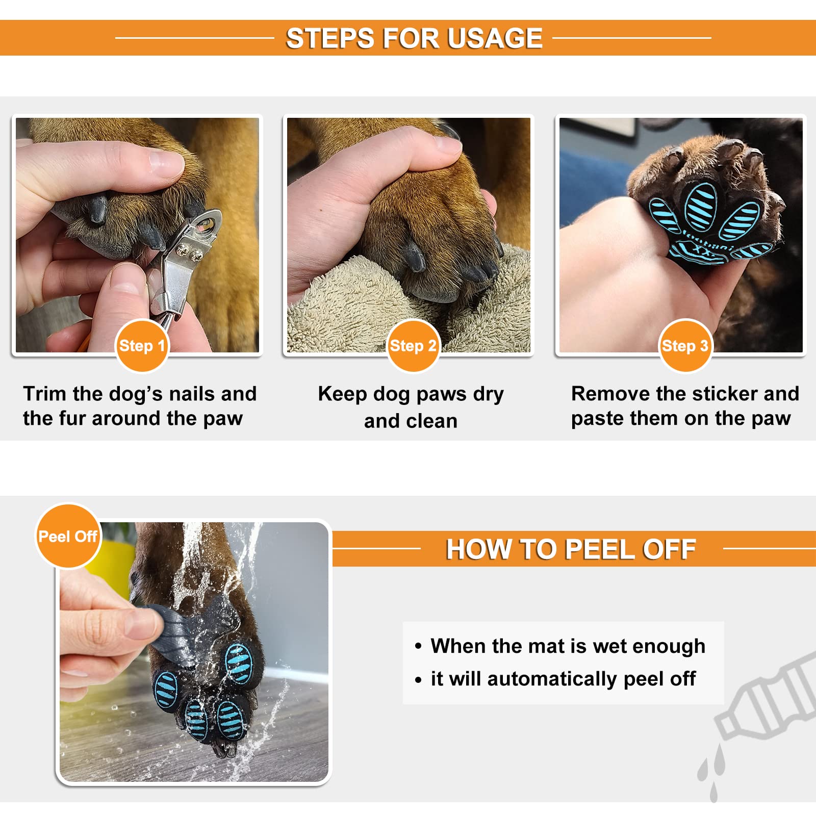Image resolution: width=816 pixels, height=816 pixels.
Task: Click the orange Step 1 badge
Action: [142, 346]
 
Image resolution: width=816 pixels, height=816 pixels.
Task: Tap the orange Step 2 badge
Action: [413, 346]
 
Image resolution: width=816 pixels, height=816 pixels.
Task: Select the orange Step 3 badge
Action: [685, 346]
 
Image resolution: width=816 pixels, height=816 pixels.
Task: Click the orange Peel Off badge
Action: [68, 536]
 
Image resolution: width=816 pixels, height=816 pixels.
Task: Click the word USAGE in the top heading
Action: [495, 38]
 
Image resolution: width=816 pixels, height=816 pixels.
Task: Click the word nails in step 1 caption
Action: [192, 394]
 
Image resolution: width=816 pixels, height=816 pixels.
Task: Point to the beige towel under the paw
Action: [408, 306]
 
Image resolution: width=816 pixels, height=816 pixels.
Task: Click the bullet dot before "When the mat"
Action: [418, 647]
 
